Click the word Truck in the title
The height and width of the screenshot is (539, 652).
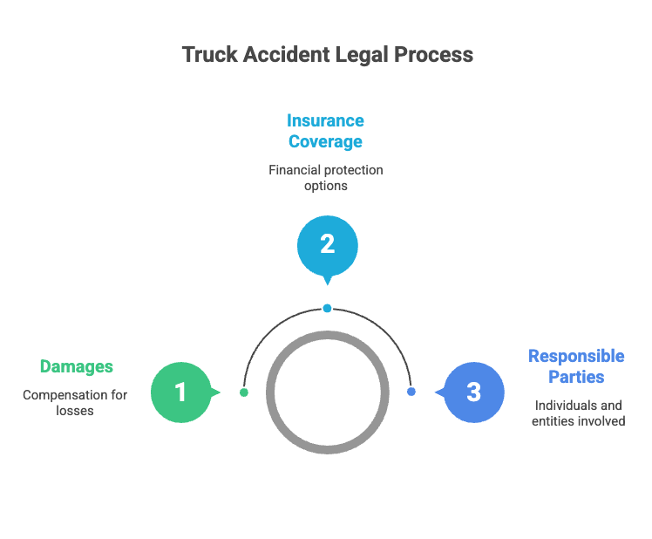tap(210, 55)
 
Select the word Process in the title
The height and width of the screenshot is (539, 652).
tap(434, 55)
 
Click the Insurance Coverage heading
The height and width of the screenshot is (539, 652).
tap(326, 131)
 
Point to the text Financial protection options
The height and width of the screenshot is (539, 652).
tap(326, 178)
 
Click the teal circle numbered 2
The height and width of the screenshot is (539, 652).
tap(328, 246)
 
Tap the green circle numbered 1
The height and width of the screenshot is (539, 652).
tap(181, 392)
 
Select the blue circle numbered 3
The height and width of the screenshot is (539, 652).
tap(474, 392)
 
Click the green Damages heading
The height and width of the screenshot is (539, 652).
tap(77, 366)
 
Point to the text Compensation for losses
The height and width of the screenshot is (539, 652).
tap(75, 402)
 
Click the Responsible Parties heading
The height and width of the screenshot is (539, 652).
tap(576, 366)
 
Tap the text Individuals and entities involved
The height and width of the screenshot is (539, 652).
tap(579, 413)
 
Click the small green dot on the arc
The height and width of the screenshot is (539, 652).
tap(244, 392)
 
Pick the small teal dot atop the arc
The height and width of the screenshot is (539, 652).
tap(327, 309)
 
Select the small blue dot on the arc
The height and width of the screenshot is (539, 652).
tap(411, 392)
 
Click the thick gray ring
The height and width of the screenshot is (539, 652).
tap(270, 392)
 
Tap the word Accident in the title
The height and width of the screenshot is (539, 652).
tap(287, 55)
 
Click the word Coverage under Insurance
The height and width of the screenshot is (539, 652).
tap(326, 141)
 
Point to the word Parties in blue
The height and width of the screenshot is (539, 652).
tap(576, 377)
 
